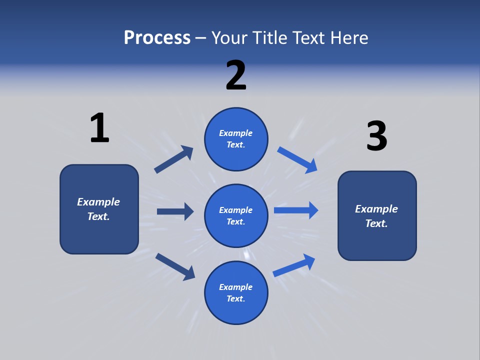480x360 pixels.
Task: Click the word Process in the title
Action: [157, 37]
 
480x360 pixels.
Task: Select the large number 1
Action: [99, 128]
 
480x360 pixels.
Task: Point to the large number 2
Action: [236, 75]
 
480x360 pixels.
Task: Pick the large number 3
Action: [376, 136]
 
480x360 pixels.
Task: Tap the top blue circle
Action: [236, 139]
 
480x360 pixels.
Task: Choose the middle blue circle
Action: [236, 216]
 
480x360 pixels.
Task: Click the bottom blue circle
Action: [236, 293]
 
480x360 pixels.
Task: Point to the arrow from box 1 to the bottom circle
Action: [175, 266]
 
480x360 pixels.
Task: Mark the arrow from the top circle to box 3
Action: [297, 159]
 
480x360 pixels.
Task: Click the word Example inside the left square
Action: [98, 202]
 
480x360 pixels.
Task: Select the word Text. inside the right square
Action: [376, 223]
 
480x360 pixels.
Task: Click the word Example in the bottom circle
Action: [236, 287]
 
